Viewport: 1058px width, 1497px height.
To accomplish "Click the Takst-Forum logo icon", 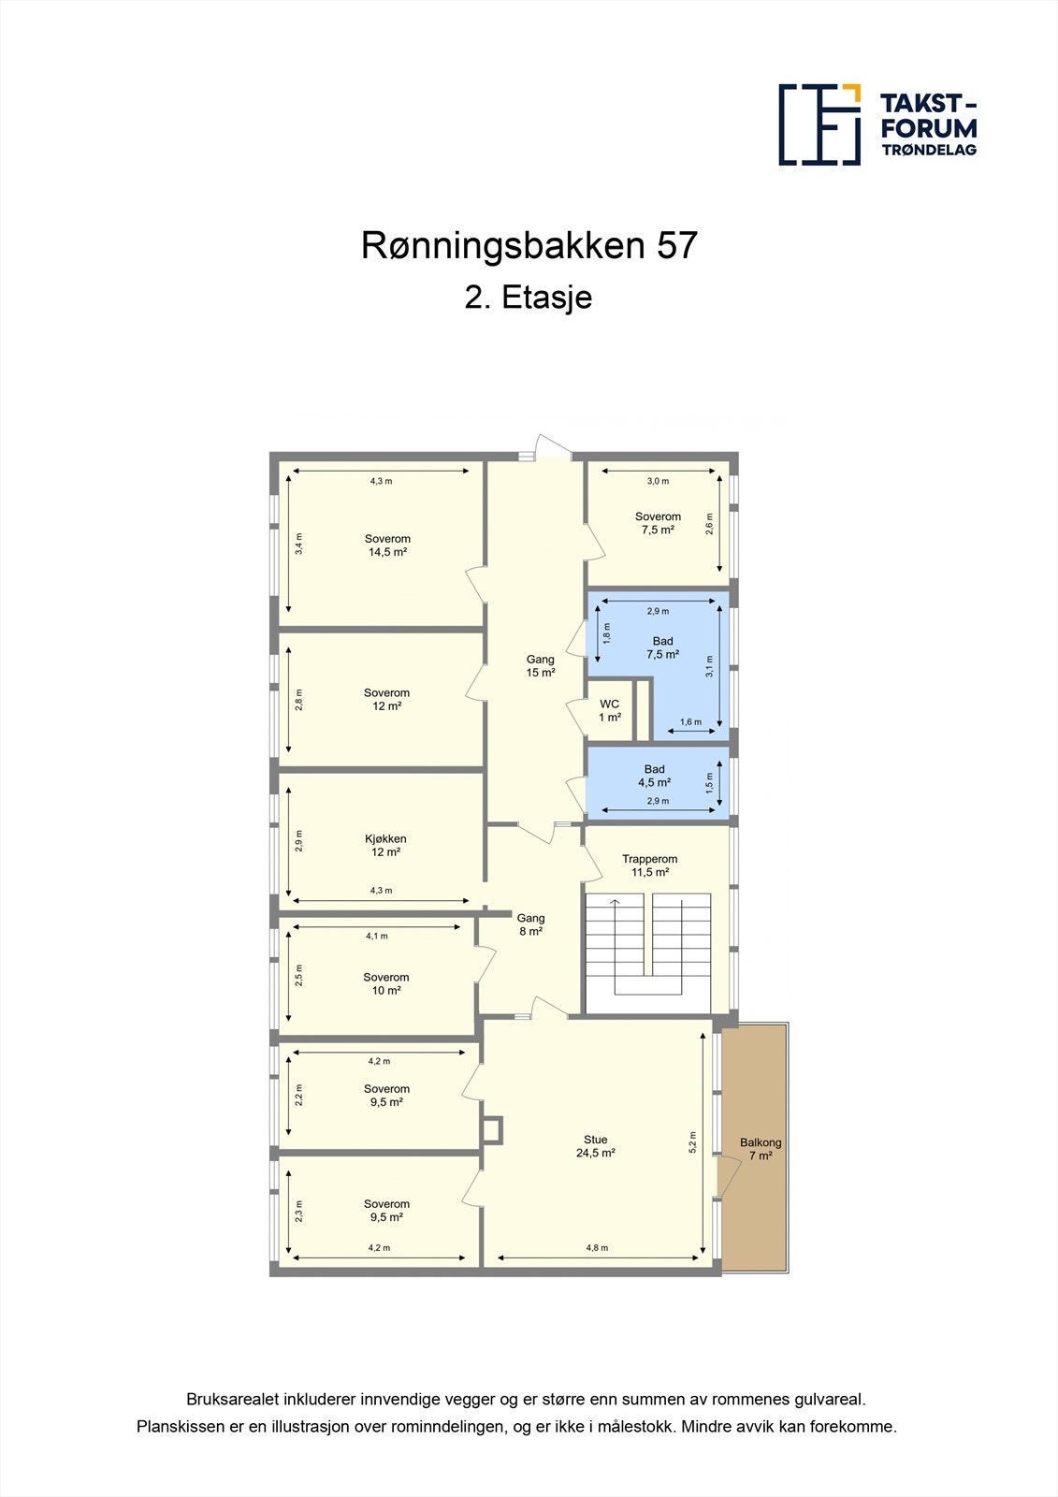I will pos(819,124).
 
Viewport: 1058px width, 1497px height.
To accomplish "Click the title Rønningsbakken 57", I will pos(529,246).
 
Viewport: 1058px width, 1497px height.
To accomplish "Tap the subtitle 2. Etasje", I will pos(529,298).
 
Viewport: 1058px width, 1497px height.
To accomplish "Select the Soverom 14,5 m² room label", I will pos(387,545).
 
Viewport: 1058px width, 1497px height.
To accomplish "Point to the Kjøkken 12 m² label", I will pos(385,846).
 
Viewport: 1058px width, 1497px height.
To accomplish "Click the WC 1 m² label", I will pos(609,711).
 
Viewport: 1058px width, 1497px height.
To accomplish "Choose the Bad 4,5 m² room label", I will pos(654,776).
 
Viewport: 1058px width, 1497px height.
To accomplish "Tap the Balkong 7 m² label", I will pos(760,1149).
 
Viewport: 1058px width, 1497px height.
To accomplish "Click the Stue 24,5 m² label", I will pos(595,1146).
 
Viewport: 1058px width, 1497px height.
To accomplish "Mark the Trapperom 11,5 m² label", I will pos(649,865).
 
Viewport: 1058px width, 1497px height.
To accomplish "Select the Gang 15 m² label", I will pos(540,666).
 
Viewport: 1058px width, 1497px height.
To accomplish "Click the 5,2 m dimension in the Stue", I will pos(693,1142).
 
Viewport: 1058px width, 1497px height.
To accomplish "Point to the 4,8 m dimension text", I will pos(597,1248).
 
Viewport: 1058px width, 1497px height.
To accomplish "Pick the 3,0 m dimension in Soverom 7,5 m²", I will pos(658,481).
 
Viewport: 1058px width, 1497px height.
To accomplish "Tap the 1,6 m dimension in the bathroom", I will pos(690,722).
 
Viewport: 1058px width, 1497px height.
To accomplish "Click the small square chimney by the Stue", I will pos(492,1129).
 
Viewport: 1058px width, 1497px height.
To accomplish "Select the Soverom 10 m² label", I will pos(386,983).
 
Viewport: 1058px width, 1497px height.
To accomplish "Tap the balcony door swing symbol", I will pos(723,1176).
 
